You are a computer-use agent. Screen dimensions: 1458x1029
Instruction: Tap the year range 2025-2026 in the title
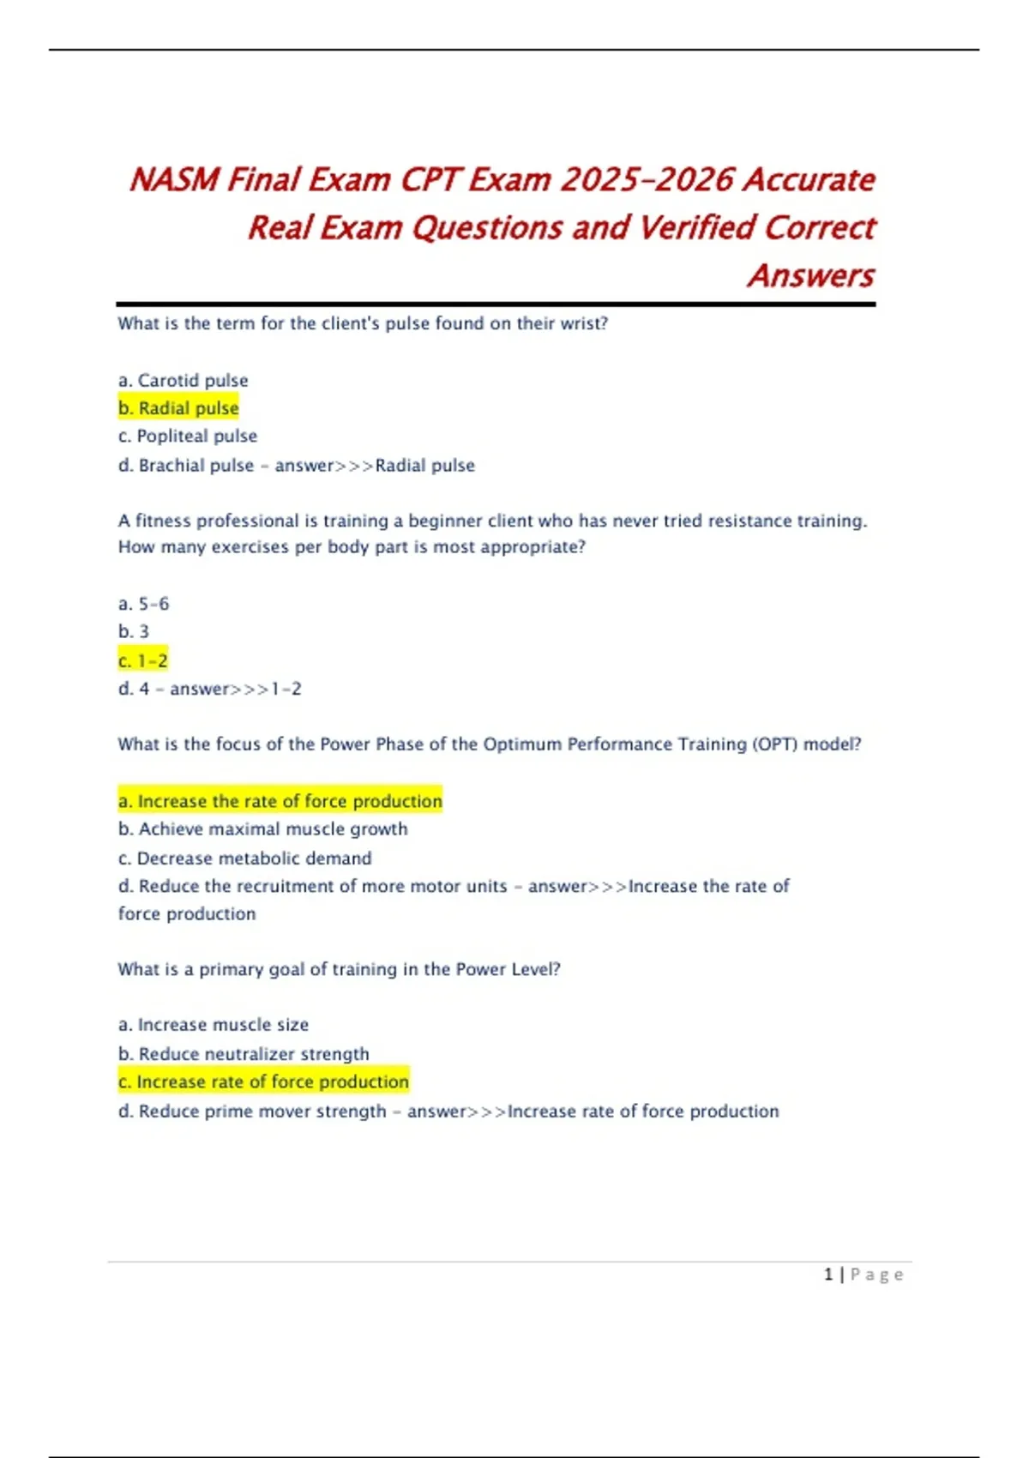coord(647,180)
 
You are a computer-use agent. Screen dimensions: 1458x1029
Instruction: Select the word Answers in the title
coord(810,276)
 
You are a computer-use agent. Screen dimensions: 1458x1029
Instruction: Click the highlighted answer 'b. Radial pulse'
coord(178,408)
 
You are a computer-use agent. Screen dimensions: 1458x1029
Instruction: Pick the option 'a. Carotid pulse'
coord(183,380)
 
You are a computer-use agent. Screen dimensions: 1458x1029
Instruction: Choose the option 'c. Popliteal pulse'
coord(188,436)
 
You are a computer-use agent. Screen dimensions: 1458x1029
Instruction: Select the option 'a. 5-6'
coord(143,604)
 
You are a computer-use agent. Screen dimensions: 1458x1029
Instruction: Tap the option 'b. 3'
coord(133,631)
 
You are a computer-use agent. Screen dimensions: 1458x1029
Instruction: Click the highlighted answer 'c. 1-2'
coord(143,660)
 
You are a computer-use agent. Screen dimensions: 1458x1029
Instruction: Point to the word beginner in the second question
coord(445,521)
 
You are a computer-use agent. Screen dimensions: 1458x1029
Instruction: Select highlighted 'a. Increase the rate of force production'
coord(280,801)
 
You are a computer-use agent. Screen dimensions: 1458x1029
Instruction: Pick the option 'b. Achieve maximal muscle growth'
coord(262,828)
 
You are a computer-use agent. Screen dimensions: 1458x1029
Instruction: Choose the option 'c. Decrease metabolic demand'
coord(244,858)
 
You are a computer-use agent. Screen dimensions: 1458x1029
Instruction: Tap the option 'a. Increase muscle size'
coord(213,1024)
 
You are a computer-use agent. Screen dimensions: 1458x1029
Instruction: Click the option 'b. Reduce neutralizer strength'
coord(244,1053)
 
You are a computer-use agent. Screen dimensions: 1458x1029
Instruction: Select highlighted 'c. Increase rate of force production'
coord(263,1081)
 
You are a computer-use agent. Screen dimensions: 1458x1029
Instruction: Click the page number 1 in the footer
coord(828,1274)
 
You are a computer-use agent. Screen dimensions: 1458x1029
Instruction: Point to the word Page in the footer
coord(876,1274)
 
